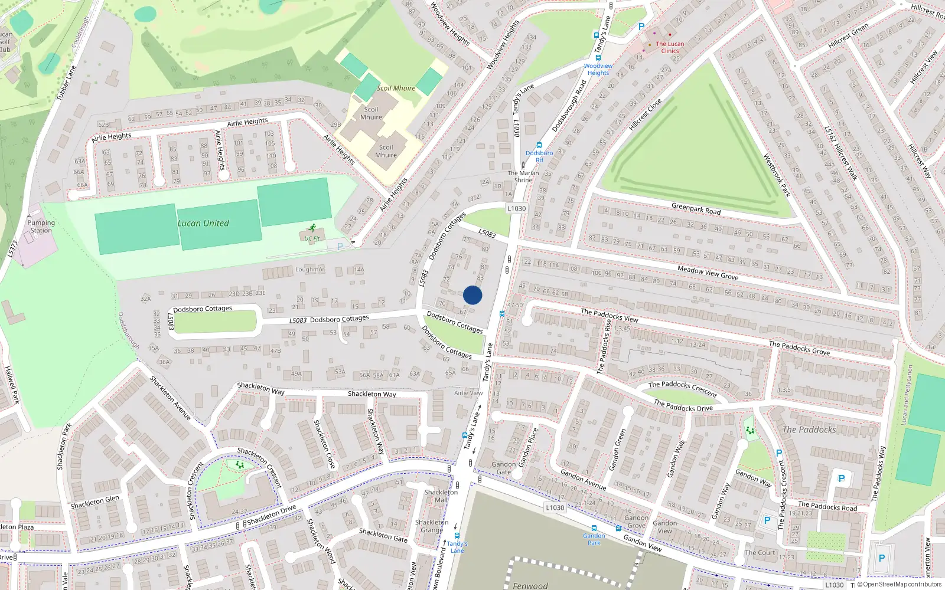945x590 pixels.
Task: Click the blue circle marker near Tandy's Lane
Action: (472, 295)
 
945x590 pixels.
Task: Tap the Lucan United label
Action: (203, 224)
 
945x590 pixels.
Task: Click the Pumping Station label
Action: (41, 227)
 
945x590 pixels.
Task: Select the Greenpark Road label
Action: (696, 209)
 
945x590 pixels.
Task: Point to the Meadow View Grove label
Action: (708, 273)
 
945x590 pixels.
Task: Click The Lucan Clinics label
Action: (670, 47)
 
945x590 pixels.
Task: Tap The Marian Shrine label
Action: (523, 176)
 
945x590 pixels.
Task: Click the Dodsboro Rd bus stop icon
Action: (539, 145)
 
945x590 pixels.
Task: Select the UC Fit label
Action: (312, 238)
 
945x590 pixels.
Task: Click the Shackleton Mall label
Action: (441, 496)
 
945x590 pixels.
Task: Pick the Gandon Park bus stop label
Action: (594, 539)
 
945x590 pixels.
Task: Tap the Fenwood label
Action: (530, 585)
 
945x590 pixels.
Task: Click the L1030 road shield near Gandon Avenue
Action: (555, 507)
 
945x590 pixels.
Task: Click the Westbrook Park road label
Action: (777, 175)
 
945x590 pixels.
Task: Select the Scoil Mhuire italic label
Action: (396, 88)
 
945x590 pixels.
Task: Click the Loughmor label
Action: (309, 270)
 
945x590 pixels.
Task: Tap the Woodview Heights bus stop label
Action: (598, 69)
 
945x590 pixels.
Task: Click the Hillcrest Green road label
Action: (848, 36)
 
